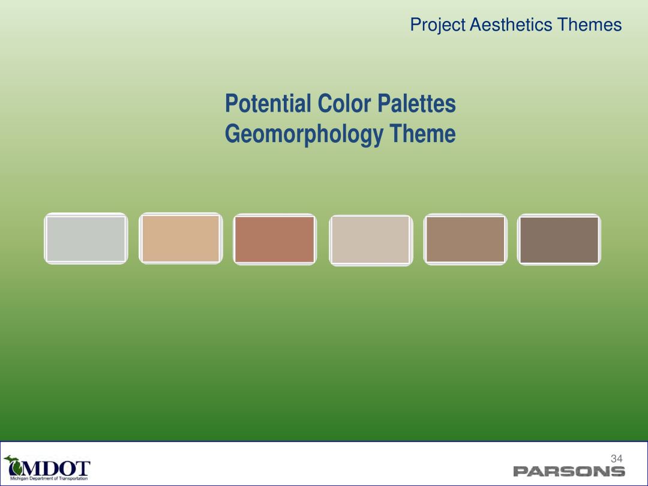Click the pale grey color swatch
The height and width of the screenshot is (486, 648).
tap(86, 238)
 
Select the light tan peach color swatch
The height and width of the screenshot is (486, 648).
tap(181, 238)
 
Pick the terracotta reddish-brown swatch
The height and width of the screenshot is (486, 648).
tap(275, 239)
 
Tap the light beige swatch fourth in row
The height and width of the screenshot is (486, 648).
tap(371, 240)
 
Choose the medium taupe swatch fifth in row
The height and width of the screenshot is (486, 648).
tap(466, 239)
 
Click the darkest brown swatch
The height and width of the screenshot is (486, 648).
tap(559, 239)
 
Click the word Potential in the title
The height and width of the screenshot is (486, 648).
tap(268, 103)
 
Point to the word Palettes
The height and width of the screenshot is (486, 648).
tap(416, 103)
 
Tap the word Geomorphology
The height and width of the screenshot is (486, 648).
tap(304, 134)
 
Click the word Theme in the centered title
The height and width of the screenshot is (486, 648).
tap(422, 133)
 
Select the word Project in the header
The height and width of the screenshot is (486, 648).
tap(437, 25)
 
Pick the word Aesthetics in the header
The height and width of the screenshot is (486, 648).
tap(511, 25)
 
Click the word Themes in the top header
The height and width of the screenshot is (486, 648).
tap(589, 25)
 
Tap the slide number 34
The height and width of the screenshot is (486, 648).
tap(617, 458)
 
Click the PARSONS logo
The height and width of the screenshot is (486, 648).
tap(569, 471)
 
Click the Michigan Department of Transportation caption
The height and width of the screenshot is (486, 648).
tap(49, 479)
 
